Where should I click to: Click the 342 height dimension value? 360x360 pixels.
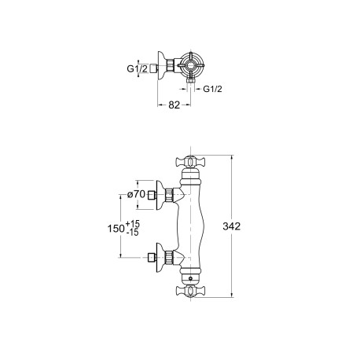[x=231, y=226]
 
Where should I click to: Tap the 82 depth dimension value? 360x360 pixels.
[x=174, y=105]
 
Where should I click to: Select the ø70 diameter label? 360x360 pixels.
[x=136, y=194]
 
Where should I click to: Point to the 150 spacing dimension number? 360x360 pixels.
[x=116, y=229]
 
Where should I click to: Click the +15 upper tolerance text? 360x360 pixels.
[x=133, y=224]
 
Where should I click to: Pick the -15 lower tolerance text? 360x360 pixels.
[x=133, y=233]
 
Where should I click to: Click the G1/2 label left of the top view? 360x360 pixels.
[x=138, y=68]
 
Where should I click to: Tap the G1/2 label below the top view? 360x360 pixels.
[x=212, y=89]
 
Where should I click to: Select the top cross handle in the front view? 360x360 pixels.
[x=190, y=162]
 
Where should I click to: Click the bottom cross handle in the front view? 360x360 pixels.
[x=190, y=291]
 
